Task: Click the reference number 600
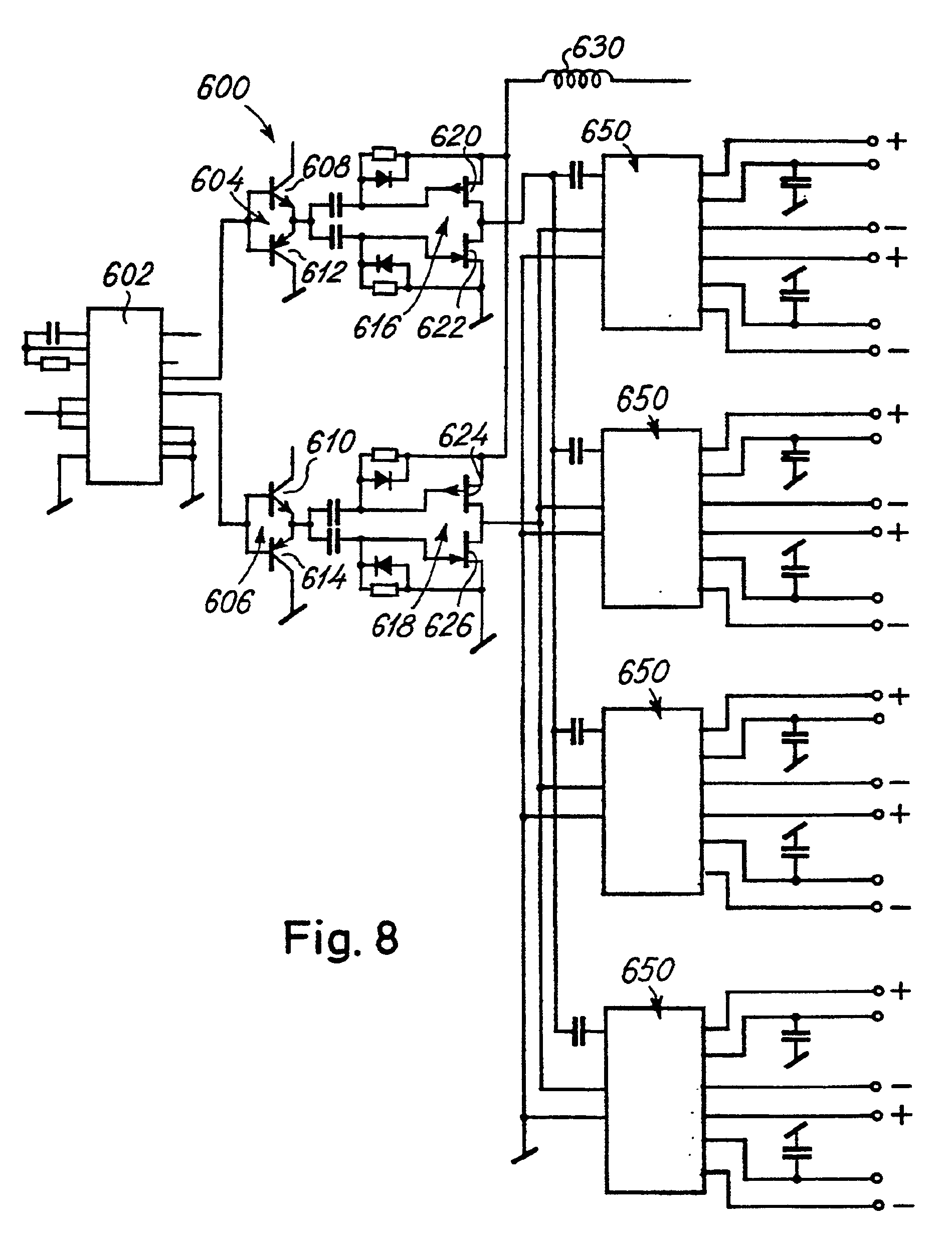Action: [x=223, y=89]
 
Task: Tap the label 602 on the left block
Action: [x=128, y=276]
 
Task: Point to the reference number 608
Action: [x=326, y=167]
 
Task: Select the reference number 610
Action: [x=331, y=441]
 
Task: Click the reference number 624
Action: [x=463, y=436]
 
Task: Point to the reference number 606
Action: [x=228, y=601]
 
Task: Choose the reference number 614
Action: [x=323, y=578]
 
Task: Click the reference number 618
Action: [x=394, y=626]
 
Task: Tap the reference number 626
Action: [x=449, y=626]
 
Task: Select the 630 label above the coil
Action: [x=598, y=48]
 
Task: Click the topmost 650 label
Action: [x=606, y=132]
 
